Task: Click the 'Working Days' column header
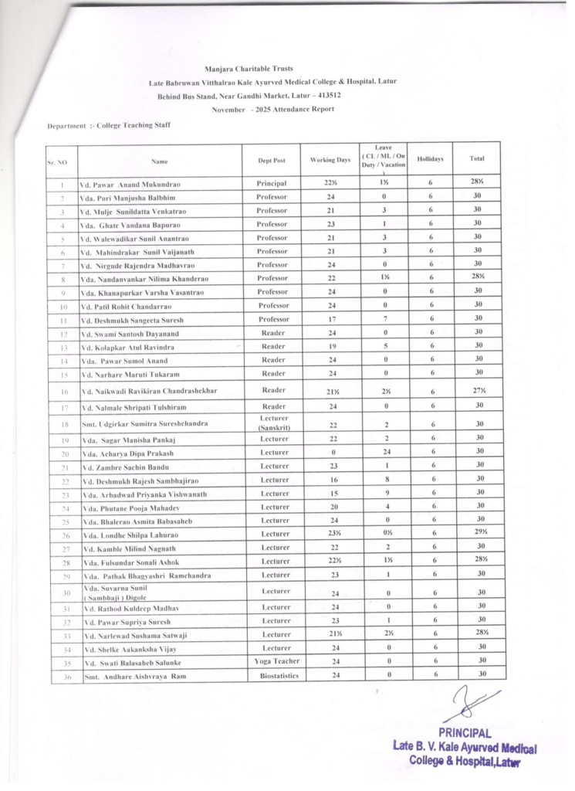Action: pyautogui.click(x=330, y=160)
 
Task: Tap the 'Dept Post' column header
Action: pyautogui.click(x=271, y=161)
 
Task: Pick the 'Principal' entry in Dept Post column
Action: pyautogui.click(x=271, y=184)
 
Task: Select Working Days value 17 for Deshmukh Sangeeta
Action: pyautogui.click(x=330, y=318)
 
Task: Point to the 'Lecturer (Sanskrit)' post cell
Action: pyautogui.click(x=270, y=423)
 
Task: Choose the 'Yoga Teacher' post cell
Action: pyautogui.click(x=271, y=661)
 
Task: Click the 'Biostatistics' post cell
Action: pyautogui.click(x=271, y=676)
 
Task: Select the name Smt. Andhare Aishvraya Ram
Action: pyautogui.click(x=136, y=677)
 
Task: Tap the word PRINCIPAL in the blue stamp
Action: pyautogui.click(x=464, y=733)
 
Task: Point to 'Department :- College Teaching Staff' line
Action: pyautogui.click(x=109, y=125)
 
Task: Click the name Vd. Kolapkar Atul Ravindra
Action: pyautogui.click(x=127, y=347)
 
